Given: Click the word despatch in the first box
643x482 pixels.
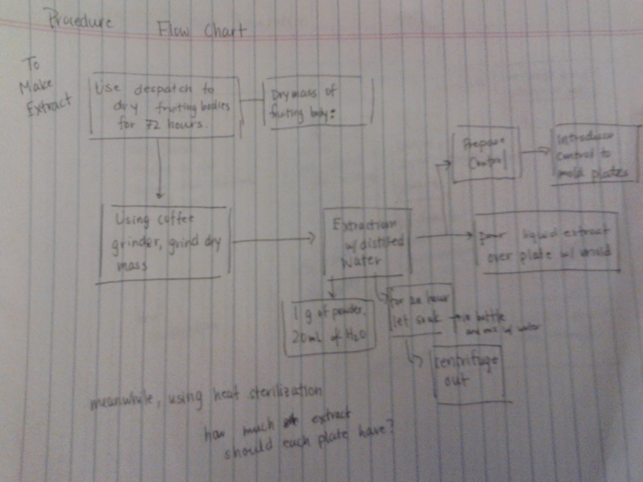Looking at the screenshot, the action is click(163, 89).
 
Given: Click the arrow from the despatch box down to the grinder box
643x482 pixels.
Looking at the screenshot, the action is click(160, 169).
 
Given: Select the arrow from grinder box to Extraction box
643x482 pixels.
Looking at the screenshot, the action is click(273, 240).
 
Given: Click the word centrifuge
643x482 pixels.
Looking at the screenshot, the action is click(466, 361).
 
